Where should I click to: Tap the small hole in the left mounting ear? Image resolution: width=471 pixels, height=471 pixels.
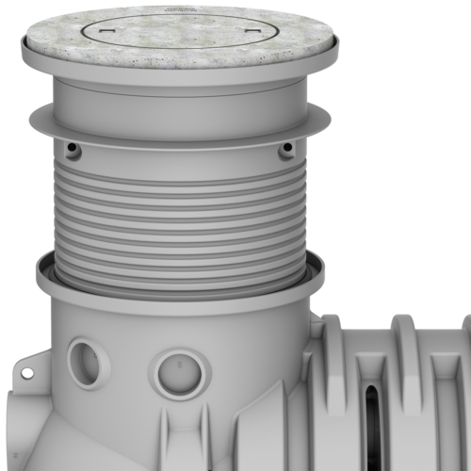(25, 373)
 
